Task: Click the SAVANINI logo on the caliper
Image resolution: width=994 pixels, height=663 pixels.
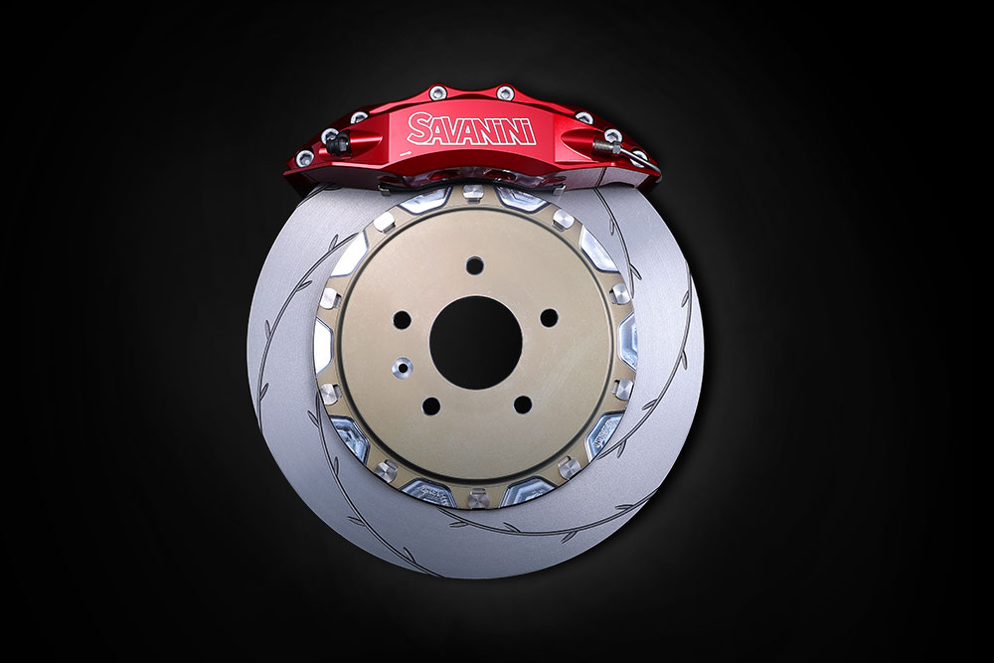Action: [x=471, y=129]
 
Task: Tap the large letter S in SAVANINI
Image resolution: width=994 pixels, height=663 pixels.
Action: [x=418, y=128]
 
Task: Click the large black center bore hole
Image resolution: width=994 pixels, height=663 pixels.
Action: [x=475, y=343]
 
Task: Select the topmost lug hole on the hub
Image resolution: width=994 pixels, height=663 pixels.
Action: [x=475, y=265]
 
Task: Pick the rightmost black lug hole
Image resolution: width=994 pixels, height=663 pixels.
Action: [x=549, y=318]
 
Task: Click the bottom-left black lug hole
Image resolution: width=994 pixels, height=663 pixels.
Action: [x=431, y=406]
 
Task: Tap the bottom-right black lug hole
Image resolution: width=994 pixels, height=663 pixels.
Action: [x=523, y=405]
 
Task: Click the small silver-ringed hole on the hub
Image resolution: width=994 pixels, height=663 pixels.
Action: [x=402, y=367]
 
